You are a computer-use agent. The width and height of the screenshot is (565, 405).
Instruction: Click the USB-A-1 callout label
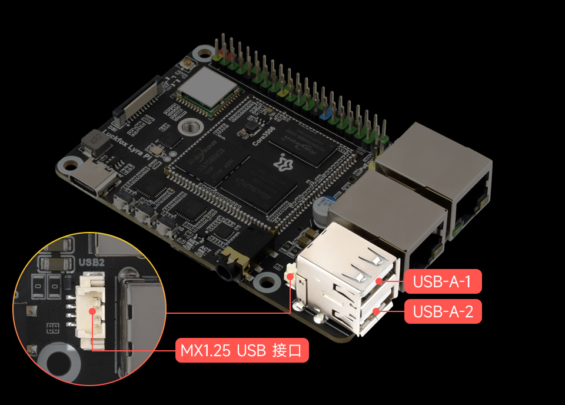point(443,281)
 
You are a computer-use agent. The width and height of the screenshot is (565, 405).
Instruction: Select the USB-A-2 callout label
point(443,311)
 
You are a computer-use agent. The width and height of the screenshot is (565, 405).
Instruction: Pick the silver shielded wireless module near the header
point(209,88)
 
